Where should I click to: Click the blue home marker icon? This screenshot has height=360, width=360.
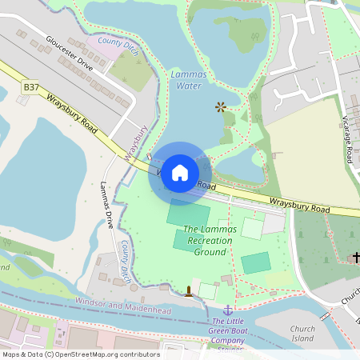tap(180, 173)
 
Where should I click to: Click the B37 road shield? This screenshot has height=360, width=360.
tap(31, 86)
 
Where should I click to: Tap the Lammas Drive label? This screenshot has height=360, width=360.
tap(107, 206)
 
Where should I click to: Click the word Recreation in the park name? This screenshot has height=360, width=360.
tap(209, 240)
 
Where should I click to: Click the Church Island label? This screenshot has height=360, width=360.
tap(302, 334)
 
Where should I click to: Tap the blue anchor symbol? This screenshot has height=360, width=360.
tap(227, 309)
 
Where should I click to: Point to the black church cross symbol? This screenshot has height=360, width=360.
tap(355, 257)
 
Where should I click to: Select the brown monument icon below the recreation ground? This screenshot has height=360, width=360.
tap(189, 290)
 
